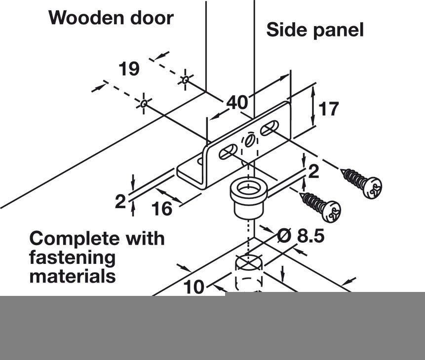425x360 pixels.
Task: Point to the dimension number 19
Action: point(129,69)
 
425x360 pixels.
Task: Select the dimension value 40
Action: point(237,103)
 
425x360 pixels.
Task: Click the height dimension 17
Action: point(329,108)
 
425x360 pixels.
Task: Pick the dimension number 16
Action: point(161,209)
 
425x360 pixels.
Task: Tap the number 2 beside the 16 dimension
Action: point(120,202)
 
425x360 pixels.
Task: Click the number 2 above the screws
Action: point(313,172)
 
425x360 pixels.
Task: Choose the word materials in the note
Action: point(73,276)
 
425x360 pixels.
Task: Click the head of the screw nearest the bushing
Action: point(330,211)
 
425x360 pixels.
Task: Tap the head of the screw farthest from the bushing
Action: point(372,188)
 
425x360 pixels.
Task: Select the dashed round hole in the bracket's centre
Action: point(249,141)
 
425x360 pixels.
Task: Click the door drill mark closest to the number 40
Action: point(185,79)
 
